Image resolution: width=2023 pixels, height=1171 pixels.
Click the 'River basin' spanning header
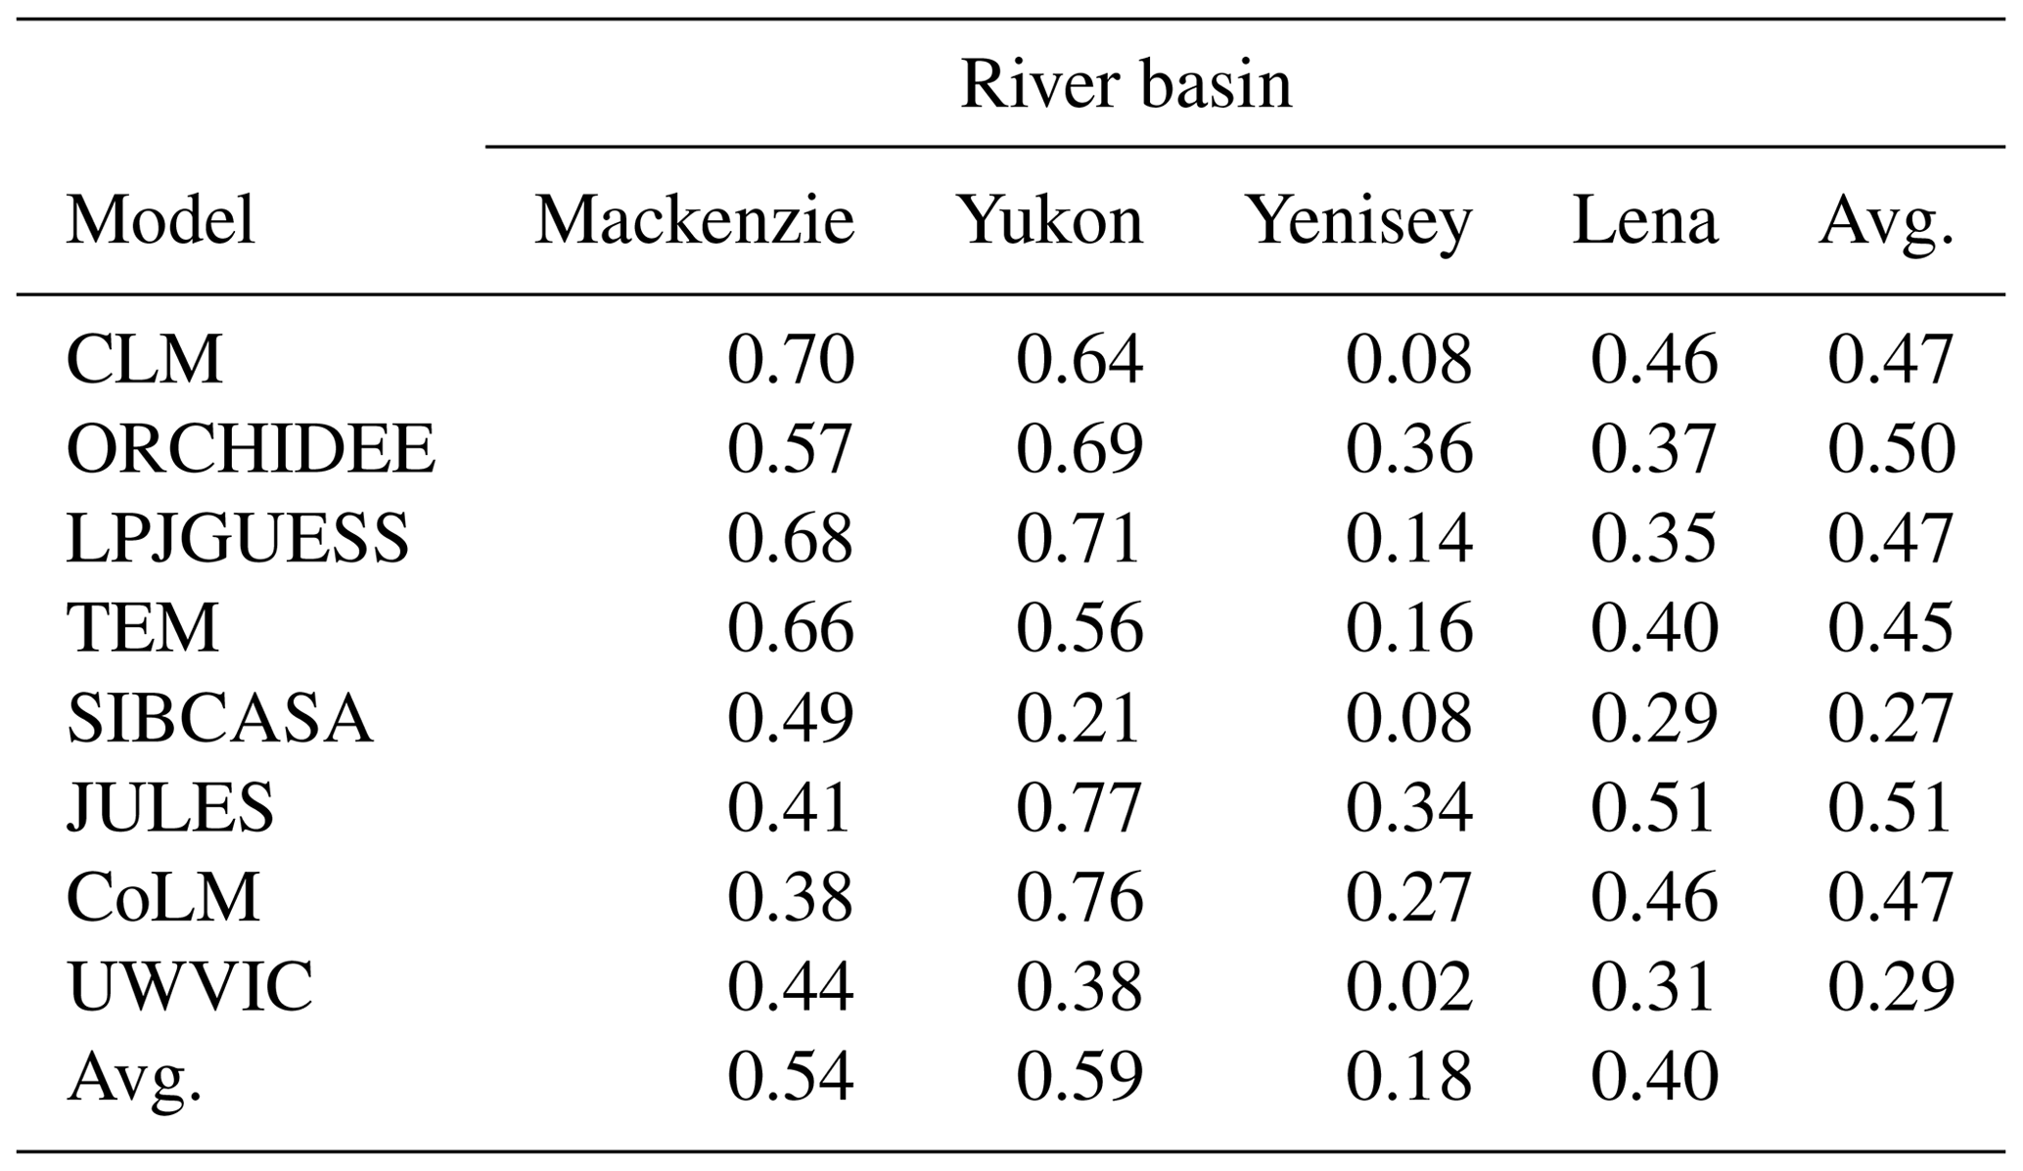point(1126,85)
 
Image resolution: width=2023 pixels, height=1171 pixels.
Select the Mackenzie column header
point(694,220)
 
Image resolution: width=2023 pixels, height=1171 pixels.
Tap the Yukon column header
point(1049,220)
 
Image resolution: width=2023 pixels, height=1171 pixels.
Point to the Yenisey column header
point(1357,222)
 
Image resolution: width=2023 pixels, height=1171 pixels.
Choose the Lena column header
point(1644,220)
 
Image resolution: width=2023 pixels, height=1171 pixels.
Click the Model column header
point(161,220)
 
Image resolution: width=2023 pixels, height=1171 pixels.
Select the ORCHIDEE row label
point(251,449)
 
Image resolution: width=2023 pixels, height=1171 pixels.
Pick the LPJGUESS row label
point(238,538)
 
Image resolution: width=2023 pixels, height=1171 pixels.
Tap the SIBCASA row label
point(219,718)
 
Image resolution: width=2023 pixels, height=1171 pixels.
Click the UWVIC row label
point(190,985)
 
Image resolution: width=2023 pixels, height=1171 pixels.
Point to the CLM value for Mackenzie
point(790,359)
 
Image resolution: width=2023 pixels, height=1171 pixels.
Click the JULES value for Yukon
point(1079,807)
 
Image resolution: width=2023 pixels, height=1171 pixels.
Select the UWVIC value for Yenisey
point(1408,985)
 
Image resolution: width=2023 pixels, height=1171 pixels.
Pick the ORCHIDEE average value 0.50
point(1891,449)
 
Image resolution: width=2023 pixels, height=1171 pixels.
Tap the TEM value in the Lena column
point(1653,628)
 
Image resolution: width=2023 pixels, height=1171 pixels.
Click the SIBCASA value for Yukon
point(1079,718)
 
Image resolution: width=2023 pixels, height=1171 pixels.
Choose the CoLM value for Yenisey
point(1408,896)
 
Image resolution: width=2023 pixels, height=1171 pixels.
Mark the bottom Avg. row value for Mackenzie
point(790,1075)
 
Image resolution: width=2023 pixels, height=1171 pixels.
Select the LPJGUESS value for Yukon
point(1079,538)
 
